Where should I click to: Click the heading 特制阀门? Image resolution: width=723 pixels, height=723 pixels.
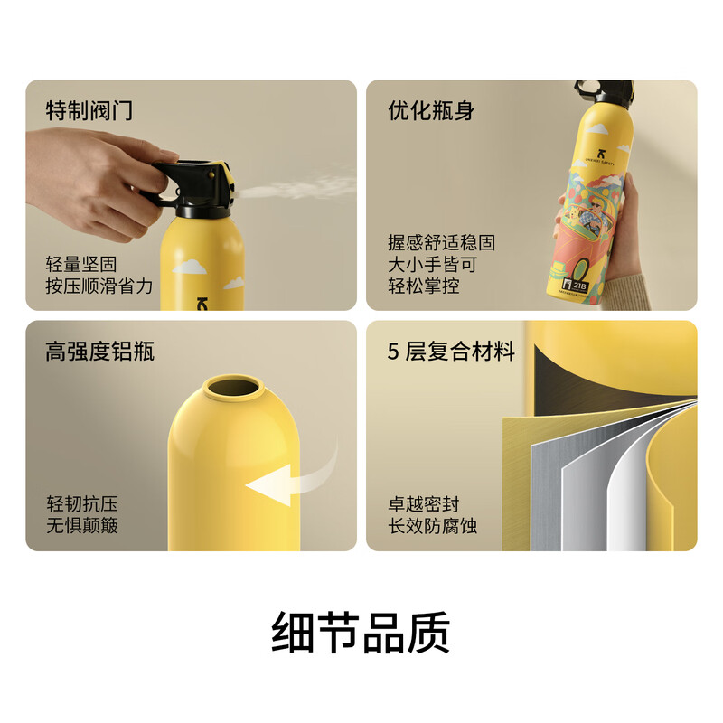pos(89,111)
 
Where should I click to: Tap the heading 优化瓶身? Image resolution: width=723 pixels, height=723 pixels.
pos(431,111)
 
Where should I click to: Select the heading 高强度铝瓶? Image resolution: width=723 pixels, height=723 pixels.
pos(99,351)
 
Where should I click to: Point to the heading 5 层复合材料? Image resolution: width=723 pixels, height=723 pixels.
pos(451,351)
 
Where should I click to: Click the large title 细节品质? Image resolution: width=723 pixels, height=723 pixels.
pos(361,633)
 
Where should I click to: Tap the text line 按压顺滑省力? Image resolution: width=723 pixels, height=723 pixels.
pos(99,286)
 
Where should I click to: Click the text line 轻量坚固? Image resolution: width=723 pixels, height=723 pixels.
pos(81,264)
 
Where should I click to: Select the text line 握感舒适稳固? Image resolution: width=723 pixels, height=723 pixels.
pos(442,242)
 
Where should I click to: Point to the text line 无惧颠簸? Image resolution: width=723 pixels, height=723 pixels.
pos(81,525)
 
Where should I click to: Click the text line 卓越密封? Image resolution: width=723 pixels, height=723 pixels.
pos(424,503)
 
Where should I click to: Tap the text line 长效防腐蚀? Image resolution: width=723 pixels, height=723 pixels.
pos(433,525)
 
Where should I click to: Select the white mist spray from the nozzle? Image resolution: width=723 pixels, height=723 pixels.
pos(298,190)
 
